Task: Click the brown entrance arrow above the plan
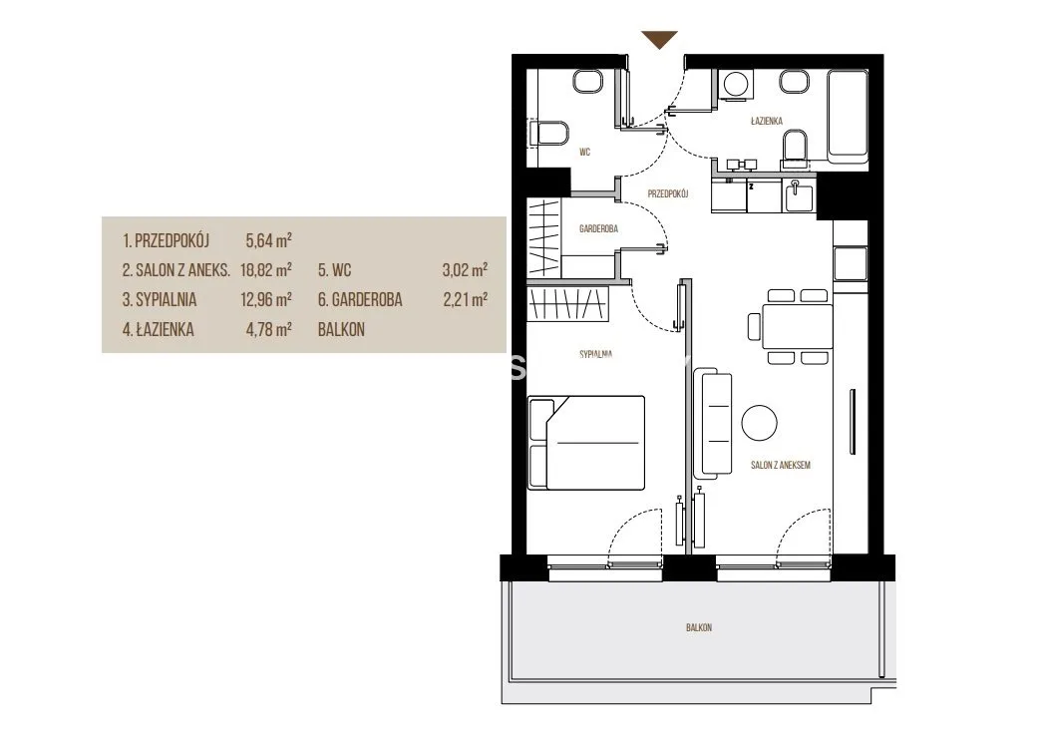point(659,39)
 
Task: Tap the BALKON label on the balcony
point(699,627)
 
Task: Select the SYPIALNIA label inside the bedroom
point(595,354)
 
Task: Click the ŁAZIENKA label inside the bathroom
point(766,121)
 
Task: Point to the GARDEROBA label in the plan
point(598,228)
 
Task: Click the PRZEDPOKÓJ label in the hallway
point(668,194)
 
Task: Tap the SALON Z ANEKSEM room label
point(781,465)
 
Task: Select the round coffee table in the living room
point(759,423)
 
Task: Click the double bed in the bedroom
point(586,443)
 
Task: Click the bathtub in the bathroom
point(848,116)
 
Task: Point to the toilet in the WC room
point(548,135)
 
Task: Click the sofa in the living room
point(712,423)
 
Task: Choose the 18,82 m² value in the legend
point(266,270)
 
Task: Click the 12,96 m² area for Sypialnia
point(266,300)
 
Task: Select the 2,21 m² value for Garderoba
point(466,300)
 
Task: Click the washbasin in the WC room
point(588,82)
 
